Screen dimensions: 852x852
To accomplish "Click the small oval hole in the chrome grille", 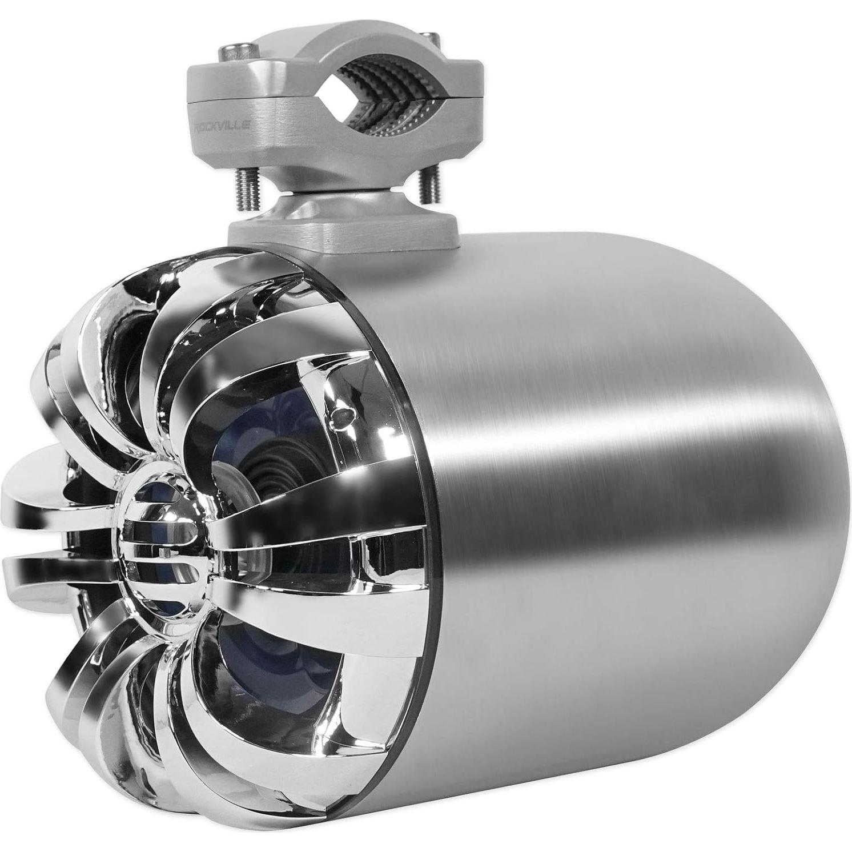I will pyautogui.click(x=343, y=412).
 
